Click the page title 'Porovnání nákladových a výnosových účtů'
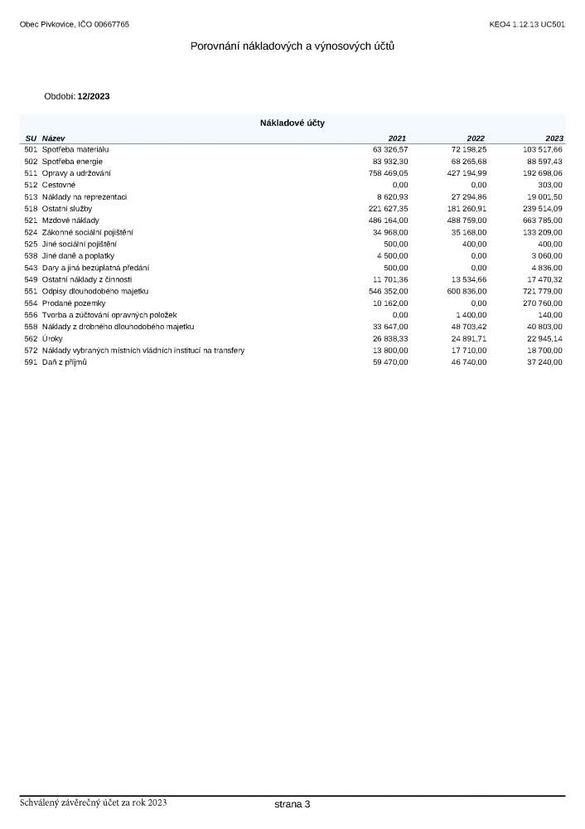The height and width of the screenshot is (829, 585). click(292, 46)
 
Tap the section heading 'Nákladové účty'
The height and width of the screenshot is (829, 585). click(292, 123)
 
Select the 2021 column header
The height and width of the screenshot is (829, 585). click(398, 138)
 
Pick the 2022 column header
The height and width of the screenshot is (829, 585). click(476, 138)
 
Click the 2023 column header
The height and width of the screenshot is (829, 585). click(554, 138)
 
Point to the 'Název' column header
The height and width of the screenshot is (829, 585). click(53, 138)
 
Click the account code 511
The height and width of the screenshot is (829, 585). click(31, 173)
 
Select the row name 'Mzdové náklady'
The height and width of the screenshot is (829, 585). click(70, 221)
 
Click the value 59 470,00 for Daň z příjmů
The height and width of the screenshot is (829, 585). click(390, 362)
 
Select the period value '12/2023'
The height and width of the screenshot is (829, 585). click(94, 96)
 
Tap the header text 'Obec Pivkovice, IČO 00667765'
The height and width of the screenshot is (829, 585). click(75, 24)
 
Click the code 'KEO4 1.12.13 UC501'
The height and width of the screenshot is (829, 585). click(528, 24)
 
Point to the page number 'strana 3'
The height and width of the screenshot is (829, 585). click(292, 804)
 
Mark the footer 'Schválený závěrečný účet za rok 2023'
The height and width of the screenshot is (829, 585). click(94, 802)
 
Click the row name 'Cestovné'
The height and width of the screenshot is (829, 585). click(59, 185)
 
